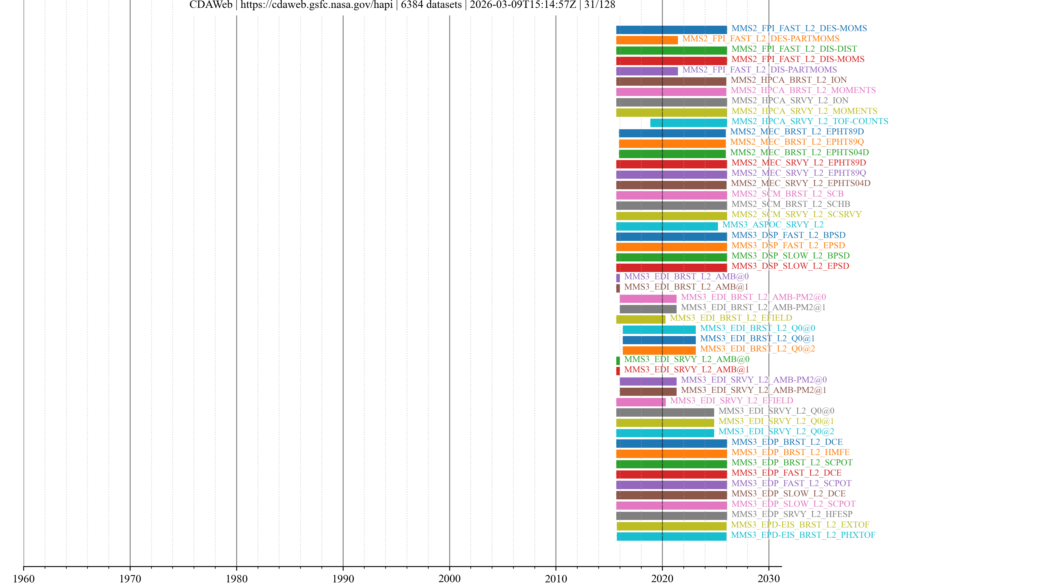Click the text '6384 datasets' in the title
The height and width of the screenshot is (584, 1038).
click(x=431, y=5)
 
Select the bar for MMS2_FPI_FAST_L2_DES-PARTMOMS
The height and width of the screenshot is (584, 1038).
click(x=647, y=40)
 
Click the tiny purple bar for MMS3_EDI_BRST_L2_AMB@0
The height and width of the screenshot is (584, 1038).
click(x=618, y=278)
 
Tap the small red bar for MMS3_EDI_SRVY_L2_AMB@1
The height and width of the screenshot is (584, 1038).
click(x=618, y=371)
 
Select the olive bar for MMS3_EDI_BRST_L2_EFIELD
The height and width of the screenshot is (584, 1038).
click(x=640, y=319)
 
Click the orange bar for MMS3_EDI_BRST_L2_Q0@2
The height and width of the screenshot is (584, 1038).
click(x=659, y=350)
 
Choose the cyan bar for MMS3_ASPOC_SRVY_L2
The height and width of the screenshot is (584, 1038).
click(x=667, y=226)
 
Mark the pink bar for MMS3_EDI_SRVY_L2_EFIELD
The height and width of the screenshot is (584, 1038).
click(x=640, y=402)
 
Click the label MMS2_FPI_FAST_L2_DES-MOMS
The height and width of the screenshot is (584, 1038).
click(x=799, y=28)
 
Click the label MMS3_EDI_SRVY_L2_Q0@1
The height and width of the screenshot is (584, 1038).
click(x=776, y=421)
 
